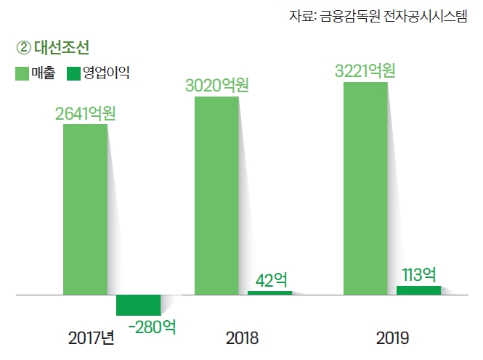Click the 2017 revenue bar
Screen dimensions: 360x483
pyautogui.click(x=85, y=210)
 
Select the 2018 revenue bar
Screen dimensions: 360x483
pyautogui.click(x=216, y=195)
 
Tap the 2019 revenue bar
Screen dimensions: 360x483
pyautogui.click(x=365, y=189)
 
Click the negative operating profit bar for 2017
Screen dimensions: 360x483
pyautogui.click(x=138, y=305)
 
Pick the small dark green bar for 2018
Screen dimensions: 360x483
pyautogui.click(x=269, y=292)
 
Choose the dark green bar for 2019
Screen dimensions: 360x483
pyautogui.click(x=418, y=290)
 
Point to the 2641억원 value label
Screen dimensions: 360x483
pyautogui.click(x=86, y=114)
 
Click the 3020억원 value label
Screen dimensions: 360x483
pyautogui.click(x=217, y=86)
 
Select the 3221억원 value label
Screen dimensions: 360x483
pyautogui.click(x=365, y=71)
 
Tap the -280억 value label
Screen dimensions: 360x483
pyautogui.click(x=152, y=327)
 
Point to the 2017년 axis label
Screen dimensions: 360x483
pyautogui.click(x=92, y=338)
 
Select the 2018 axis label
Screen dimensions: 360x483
pyautogui.click(x=242, y=338)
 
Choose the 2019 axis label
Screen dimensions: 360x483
pyautogui.click(x=393, y=338)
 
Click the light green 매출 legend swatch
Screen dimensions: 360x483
pyautogui.click(x=22, y=73)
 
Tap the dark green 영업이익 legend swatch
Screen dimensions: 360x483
pyautogui.click(x=73, y=73)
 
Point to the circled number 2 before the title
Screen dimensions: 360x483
pyautogui.click(x=23, y=49)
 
